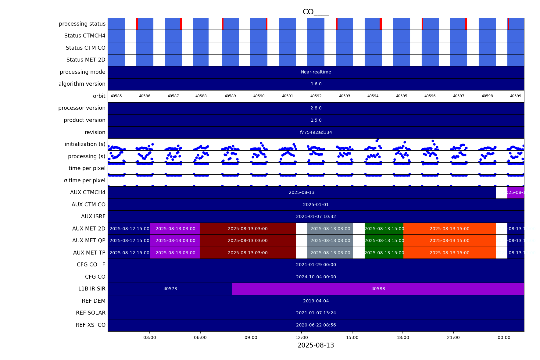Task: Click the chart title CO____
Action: (x=316, y=12)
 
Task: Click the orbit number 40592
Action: (x=316, y=96)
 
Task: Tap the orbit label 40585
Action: (x=116, y=96)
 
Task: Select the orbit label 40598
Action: (x=487, y=96)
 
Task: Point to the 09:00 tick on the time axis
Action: (x=251, y=337)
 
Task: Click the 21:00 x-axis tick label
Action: (x=453, y=337)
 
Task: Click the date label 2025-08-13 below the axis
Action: (x=316, y=345)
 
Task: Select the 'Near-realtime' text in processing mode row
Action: (x=316, y=72)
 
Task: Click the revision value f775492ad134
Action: (x=316, y=132)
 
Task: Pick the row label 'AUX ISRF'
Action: (x=93, y=216)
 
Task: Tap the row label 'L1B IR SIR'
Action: (x=92, y=289)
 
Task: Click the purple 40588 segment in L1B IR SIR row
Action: (x=378, y=289)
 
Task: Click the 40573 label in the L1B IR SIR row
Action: (x=170, y=289)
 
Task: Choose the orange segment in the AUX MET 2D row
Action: (x=449, y=229)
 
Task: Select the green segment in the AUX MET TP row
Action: (x=384, y=253)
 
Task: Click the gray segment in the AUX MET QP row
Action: (x=330, y=241)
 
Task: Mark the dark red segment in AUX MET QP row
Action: (x=248, y=241)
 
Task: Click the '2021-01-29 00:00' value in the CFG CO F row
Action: (x=316, y=265)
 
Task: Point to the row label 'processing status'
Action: (x=82, y=24)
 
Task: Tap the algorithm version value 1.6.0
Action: (x=316, y=84)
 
